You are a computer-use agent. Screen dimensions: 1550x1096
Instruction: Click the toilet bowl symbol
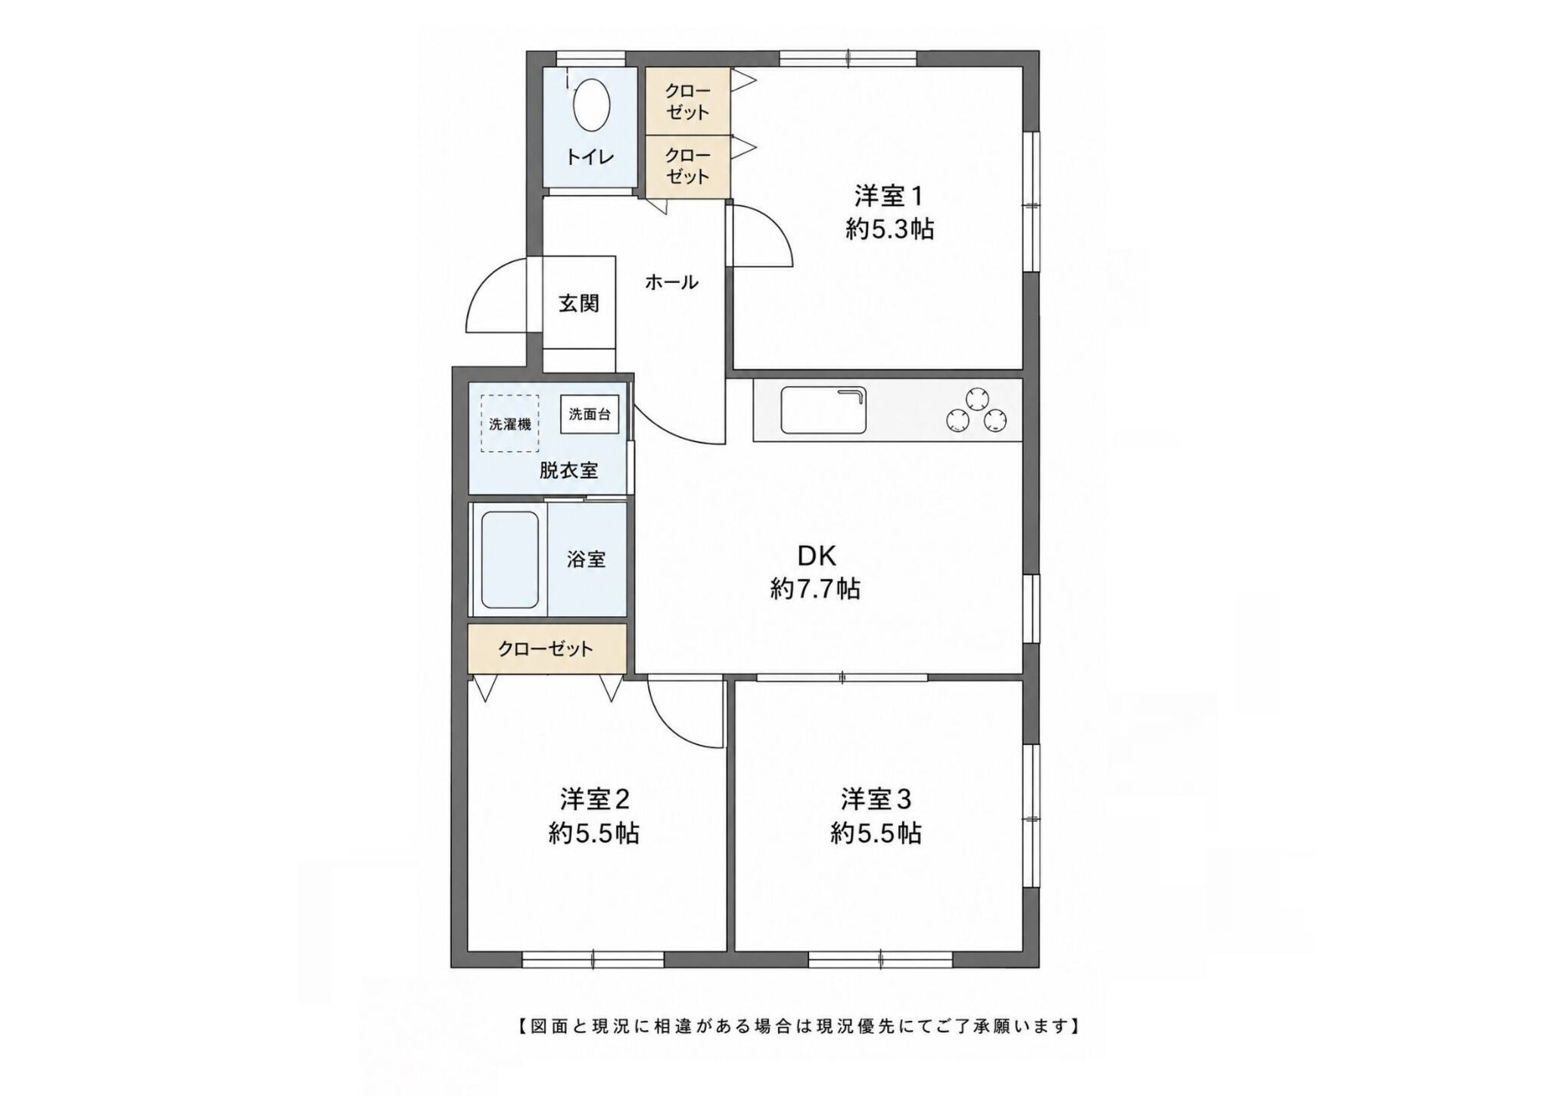[x=592, y=107]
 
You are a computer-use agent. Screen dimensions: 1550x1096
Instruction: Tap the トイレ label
[x=590, y=157]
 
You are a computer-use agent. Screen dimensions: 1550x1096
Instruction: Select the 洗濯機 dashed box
[x=510, y=423]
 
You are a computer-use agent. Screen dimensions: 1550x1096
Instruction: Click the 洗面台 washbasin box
[x=590, y=415]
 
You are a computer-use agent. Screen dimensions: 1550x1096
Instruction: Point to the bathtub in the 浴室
[x=510, y=560]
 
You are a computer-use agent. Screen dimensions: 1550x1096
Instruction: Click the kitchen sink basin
[x=823, y=409]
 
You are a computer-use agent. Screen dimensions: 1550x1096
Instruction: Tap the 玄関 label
[x=579, y=304]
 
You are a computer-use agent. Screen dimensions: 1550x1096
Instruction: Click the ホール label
[x=671, y=283]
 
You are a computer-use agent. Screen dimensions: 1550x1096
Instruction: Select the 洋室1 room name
[x=889, y=197]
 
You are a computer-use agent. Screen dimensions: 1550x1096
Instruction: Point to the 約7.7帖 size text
[x=815, y=588]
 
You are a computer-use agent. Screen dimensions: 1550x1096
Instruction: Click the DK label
[x=817, y=556]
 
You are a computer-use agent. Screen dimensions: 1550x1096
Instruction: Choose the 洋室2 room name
[x=595, y=799]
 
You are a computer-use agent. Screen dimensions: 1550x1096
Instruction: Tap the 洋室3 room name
[x=876, y=799]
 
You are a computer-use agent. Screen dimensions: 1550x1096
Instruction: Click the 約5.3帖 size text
[x=889, y=229]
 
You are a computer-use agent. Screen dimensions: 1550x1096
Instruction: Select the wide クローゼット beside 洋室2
[x=546, y=649]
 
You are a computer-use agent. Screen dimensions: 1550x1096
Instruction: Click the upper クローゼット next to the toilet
[x=687, y=101]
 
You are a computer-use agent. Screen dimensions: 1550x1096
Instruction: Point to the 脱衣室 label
[x=568, y=470]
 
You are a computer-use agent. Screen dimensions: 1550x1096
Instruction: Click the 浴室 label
[x=587, y=559]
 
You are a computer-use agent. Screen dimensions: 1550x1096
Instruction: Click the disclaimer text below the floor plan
[x=799, y=1026]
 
